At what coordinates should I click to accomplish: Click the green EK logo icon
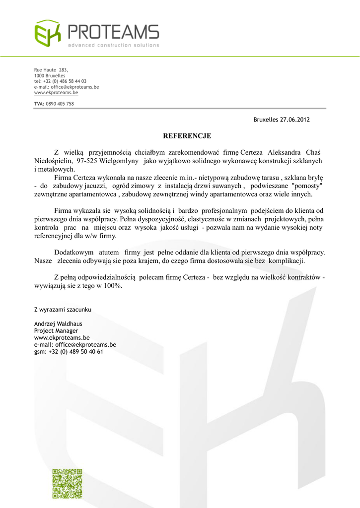coord(47,33)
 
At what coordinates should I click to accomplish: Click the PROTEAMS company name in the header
coord(113,33)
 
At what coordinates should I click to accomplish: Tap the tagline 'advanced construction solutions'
coord(114,46)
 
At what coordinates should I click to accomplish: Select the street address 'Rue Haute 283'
coord(51,70)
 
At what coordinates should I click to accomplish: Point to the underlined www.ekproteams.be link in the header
coord(56,92)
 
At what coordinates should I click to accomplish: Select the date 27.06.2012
coord(295,120)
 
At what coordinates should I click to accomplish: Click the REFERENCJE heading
coord(187,135)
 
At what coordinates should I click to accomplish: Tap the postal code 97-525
coord(87,161)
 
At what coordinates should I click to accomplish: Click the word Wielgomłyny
coord(119,161)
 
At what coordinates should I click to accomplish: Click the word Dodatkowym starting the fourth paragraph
coord(73,252)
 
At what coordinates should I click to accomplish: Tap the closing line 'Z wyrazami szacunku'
coord(63,310)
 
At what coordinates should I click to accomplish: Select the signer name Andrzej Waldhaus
coord(58,323)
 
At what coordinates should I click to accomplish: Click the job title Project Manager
coord(56,330)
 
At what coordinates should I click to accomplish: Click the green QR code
coord(67,483)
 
